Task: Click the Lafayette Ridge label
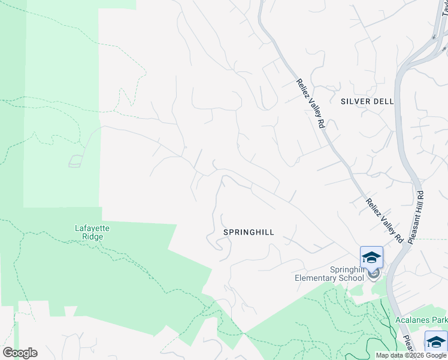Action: [x=89, y=232]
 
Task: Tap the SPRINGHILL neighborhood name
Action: [x=249, y=232]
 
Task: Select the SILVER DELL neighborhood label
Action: [x=367, y=101]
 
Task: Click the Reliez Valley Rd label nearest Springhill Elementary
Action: [x=384, y=221]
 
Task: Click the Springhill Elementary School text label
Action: [x=329, y=274]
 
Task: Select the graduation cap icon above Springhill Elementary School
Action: [x=371, y=257]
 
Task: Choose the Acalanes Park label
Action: [x=421, y=320]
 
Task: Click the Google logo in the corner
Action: [x=20, y=353]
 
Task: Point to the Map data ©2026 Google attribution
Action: [x=411, y=355]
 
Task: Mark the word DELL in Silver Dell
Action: [x=384, y=101]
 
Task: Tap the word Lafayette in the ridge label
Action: [x=89, y=228]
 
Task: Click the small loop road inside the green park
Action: [x=75, y=160]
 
